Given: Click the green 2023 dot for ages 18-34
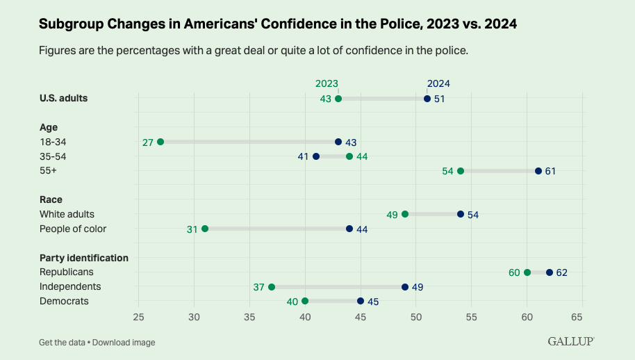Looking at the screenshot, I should [x=160, y=142].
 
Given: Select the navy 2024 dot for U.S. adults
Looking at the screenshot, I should [x=427, y=99].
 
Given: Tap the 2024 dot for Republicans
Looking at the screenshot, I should [x=550, y=272].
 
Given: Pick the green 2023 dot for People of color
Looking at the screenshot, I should [x=205, y=229].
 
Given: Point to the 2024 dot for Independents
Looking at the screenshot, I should [x=405, y=287].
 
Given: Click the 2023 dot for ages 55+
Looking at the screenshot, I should [x=461, y=171].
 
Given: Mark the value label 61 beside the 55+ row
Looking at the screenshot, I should [x=550, y=171].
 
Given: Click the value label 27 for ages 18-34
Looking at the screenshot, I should [x=148, y=142].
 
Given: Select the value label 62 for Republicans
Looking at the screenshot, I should [x=562, y=272].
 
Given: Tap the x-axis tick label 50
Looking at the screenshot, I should [x=416, y=318].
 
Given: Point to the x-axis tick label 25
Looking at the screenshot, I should [x=139, y=318].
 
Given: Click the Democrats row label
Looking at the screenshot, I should [x=64, y=301].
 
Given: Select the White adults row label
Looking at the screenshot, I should [x=67, y=214].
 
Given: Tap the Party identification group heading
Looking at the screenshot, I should [x=84, y=258].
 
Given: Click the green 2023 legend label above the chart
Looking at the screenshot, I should [x=327, y=83].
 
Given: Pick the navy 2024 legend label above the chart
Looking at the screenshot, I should [x=438, y=83].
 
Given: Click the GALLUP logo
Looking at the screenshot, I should [x=571, y=341].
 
